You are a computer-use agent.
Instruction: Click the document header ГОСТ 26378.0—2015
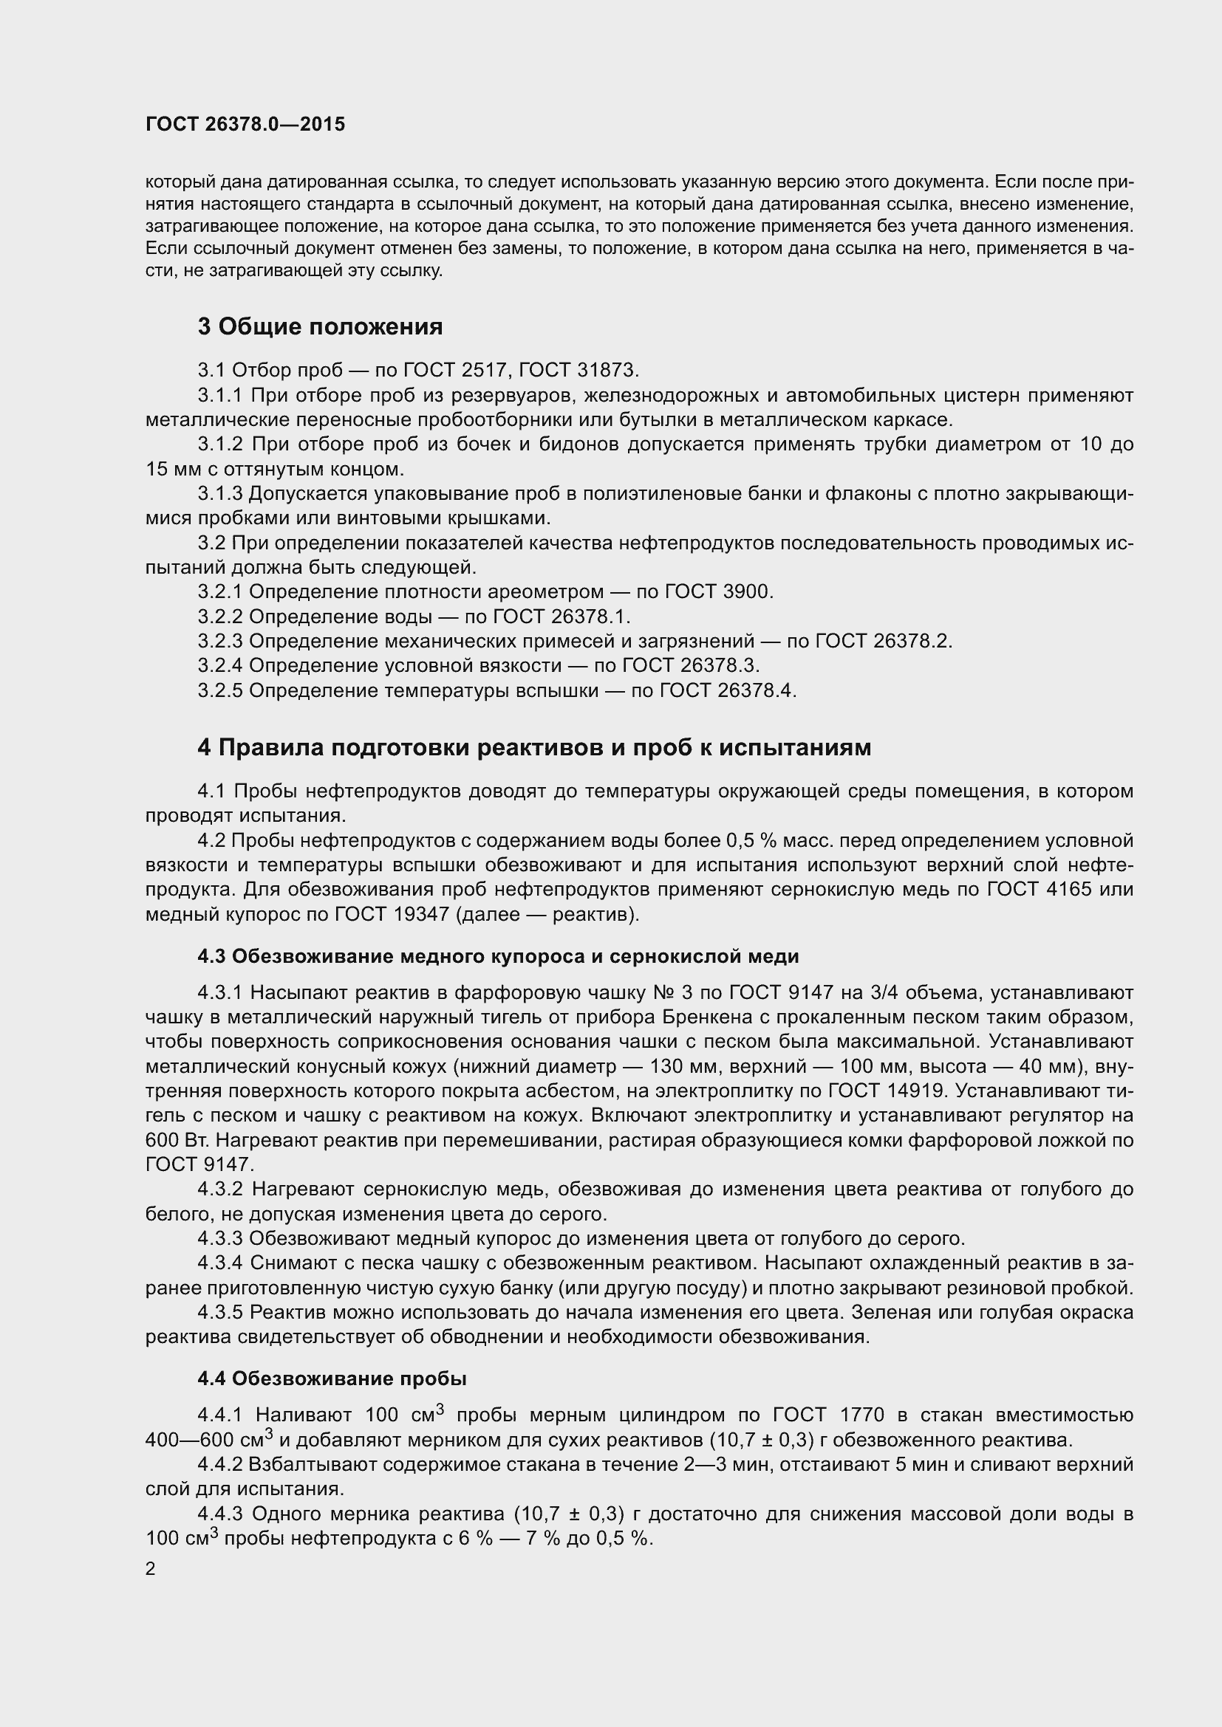click(245, 124)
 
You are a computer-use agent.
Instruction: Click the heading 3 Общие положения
click(320, 326)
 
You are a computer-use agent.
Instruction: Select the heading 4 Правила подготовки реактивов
click(534, 747)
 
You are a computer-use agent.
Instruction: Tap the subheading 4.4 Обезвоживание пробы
click(332, 1378)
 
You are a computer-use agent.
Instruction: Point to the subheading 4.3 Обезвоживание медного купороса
click(497, 956)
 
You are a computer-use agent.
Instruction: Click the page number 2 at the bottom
click(151, 1569)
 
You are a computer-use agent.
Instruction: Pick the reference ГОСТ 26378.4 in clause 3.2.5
click(727, 690)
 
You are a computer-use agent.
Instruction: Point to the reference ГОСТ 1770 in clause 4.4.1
click(827, 1415)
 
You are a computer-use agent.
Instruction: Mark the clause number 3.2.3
click(219, 641)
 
